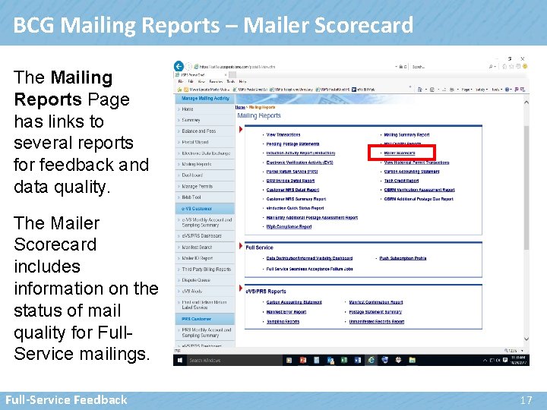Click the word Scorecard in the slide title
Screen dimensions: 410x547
[356, 25]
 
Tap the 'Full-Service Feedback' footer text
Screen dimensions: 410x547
[66, 399]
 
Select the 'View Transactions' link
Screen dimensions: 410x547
[283, 134]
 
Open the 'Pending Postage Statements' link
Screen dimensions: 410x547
[292, 144]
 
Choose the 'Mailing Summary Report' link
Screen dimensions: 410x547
[406, 134]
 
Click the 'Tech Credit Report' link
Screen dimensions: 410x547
[401, 181]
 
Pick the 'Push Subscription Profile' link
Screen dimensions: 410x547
[403, 258]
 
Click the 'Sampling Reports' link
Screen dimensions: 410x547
[283, 321]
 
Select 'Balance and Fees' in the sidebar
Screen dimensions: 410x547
[199, 131]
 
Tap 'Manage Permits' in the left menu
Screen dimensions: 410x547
[197, 186]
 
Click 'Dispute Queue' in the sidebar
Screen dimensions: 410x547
[196, 279]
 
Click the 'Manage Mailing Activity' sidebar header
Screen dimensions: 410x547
[205, 98]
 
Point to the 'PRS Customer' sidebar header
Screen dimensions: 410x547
[195, 320]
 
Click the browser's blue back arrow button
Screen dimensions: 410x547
[179, 66]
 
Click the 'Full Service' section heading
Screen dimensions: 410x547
[259, 248]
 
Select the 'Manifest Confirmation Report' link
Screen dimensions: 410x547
[375, 302]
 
